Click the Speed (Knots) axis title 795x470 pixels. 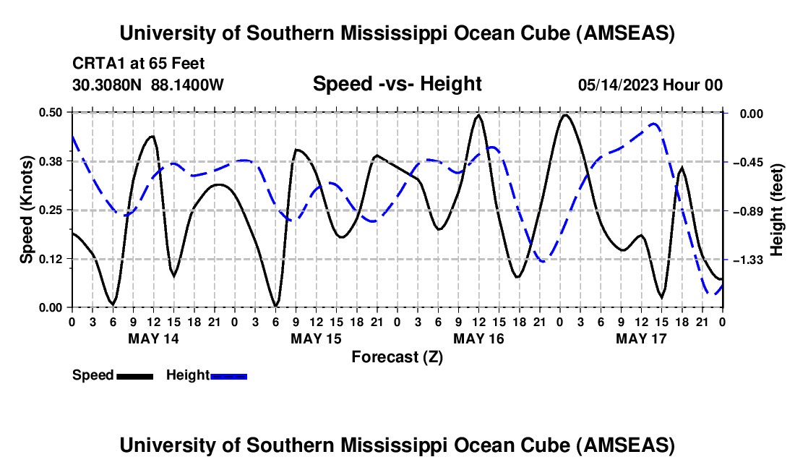coord(26,210)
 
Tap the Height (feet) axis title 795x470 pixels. coord(776,210)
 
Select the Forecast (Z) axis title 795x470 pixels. coord(396,356)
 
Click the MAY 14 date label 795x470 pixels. coord(153,338)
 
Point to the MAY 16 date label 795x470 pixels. coord(478,338)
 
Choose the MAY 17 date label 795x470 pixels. coord(641,338)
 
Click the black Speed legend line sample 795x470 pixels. coord(134,375)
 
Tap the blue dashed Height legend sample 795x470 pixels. coord(229,375)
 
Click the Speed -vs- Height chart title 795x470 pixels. coord(397,84)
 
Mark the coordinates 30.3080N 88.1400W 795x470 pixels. coord(148,85)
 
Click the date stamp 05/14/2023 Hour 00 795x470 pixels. coord(650,85)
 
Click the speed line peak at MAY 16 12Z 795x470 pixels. coord(478,114)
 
